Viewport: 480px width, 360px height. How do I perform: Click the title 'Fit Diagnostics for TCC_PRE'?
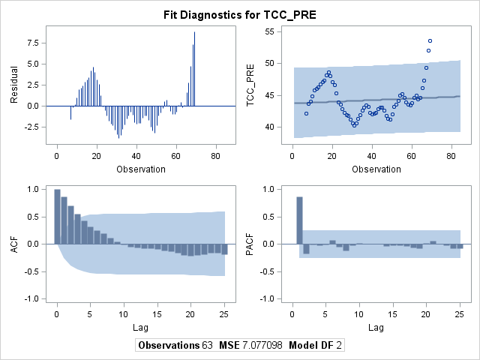coord(240,15)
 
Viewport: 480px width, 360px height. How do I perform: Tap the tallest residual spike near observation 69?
coord(194,69)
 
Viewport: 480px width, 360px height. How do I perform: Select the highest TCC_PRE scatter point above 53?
coord(430,40)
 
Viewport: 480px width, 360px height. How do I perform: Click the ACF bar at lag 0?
coord(57,217)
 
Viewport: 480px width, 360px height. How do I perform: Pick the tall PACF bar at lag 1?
coord(299,220)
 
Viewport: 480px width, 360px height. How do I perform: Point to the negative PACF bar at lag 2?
coord(306,249)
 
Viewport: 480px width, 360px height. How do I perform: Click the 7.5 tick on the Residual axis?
coord(33,43)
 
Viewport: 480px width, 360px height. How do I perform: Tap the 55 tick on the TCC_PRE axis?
coord(268,31)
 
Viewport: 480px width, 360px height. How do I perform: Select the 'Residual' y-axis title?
coord(14,85)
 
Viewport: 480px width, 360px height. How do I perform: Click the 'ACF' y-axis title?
coord(14,244)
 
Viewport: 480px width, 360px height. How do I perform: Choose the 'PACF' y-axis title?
coord(250,244)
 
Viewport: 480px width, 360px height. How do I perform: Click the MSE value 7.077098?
coord(262,345)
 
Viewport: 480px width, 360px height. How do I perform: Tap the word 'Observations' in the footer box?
coord(169,345)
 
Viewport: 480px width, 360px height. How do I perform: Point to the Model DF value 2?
coord(338,345)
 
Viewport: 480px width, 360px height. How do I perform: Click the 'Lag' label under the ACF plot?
coord(140,328)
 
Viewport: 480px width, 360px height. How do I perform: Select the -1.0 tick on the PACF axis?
coord(267,298)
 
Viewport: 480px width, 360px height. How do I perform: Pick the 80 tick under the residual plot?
coord(215,156)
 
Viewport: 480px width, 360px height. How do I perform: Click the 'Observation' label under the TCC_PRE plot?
coord(376,169)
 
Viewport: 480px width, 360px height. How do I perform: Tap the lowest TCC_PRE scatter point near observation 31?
coord(354,125)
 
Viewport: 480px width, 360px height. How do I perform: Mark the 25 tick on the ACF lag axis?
coord(224,314)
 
